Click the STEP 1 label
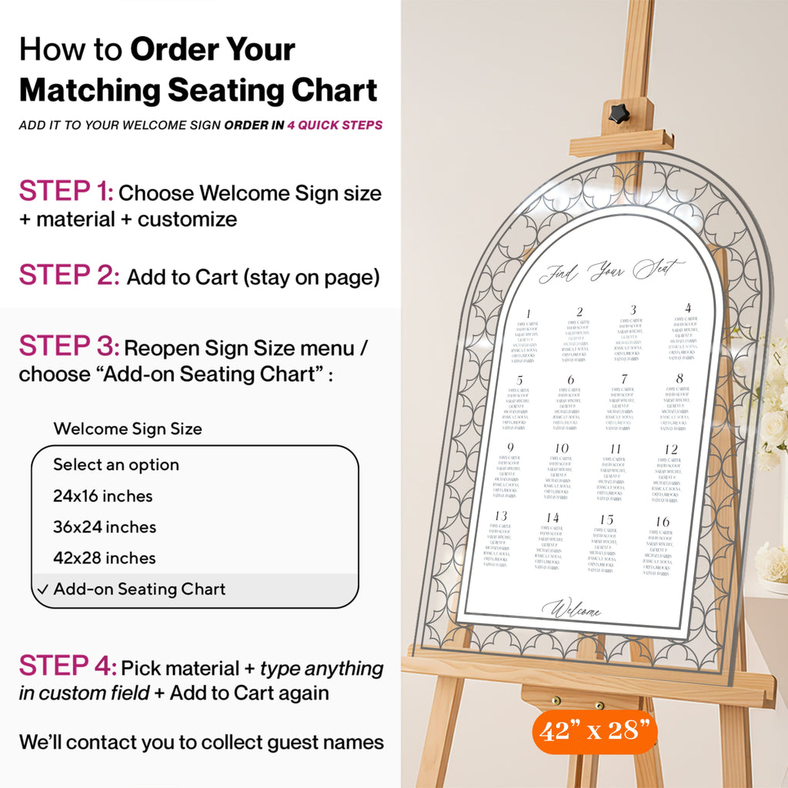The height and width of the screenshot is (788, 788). [66, 191]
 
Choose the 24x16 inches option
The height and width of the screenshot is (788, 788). [103, 496]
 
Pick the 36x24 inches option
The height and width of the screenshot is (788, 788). [105, 527]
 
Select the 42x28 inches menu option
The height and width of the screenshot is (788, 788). [105, 558]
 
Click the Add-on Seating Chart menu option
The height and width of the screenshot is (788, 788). [139, 589]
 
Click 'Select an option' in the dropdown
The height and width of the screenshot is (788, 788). [116, 465]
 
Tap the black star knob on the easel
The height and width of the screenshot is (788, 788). [618, 114]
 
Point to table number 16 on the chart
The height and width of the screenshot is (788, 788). [663, 522]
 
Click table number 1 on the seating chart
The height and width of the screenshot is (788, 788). [529, 313]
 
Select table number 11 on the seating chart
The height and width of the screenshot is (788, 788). [616, 449]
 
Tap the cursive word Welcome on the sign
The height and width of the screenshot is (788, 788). [571, 611]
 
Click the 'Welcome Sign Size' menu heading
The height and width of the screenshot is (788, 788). [128, 429]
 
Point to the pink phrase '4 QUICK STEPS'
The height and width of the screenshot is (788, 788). [335, 125]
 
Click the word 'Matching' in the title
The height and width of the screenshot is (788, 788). [88, 91]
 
